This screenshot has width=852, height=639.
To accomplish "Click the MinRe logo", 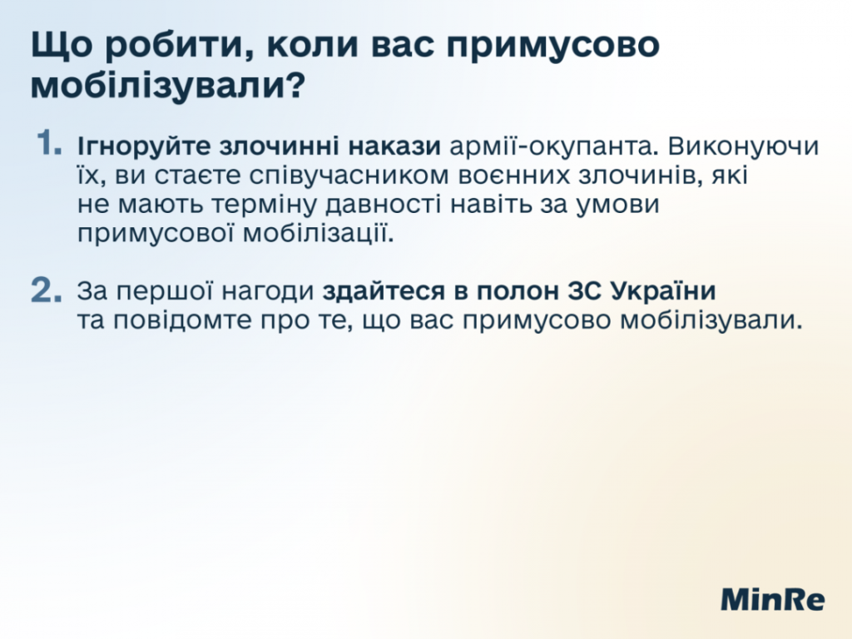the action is coord(772,599).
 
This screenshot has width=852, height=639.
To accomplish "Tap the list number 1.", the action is coord(48,143).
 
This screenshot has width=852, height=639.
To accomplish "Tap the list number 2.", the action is coord(47,290).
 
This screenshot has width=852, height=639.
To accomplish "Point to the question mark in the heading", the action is coord(292,86).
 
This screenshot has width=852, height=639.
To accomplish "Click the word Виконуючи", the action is coord(743,146).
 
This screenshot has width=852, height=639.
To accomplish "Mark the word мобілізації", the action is coord(318,234).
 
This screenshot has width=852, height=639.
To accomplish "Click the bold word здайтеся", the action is coord(384,292).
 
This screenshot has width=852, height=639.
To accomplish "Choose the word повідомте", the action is coord(182,320).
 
